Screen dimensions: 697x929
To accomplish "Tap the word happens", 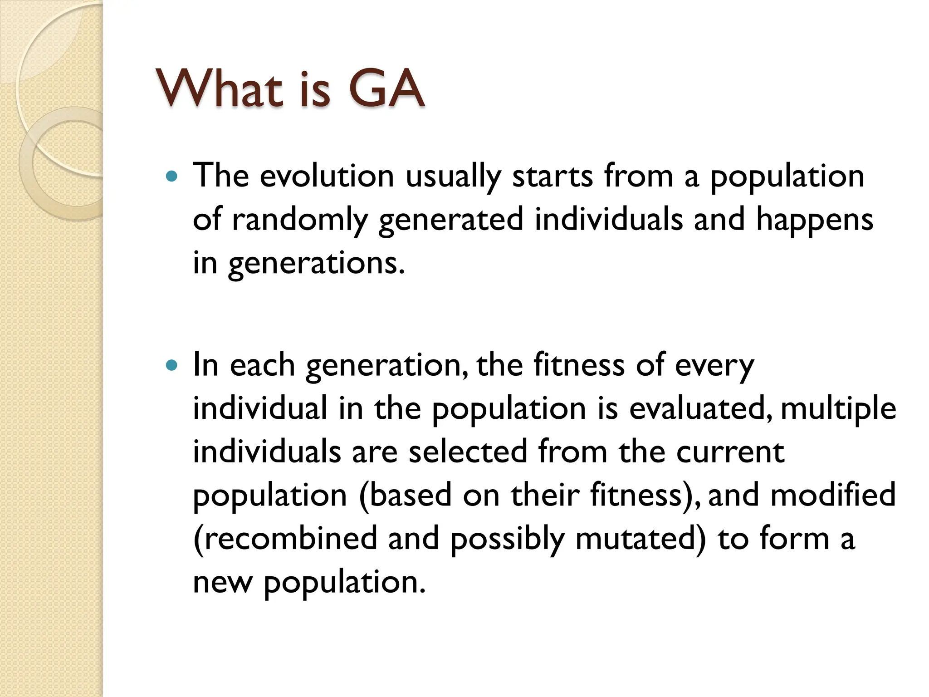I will click(x=814, y=220).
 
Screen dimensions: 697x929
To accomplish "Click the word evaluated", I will click(x=700, y=408).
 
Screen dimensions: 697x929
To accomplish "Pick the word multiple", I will click(x=838, y=408).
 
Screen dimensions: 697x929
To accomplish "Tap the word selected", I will click(x=468, y=452).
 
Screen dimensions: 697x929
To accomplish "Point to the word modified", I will click(x=833, y=495).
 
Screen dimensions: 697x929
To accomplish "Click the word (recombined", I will click(x=285, y=539).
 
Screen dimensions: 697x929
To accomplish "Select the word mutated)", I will click(x=641, y=539).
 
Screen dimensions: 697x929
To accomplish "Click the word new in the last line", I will click(x=222, y=582).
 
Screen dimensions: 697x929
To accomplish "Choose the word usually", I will click(x=453, y=176).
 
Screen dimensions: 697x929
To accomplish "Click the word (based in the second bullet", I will click(x=405, y=495).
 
